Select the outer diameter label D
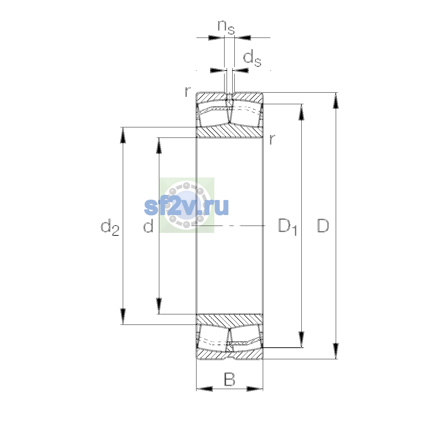[x=323, y=226]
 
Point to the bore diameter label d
[x=148, y=225]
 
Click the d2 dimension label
[x=110, y=227]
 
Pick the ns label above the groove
[x=226, y=27]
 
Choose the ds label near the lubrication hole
[x=252, y=58]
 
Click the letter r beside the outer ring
[x=187, y=92]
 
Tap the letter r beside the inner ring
[x=272, y=139]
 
